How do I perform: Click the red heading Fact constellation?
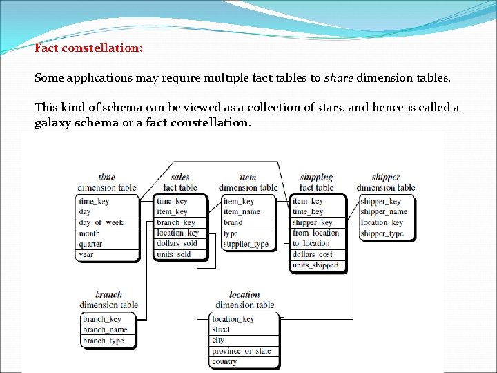click(x=89, y=49)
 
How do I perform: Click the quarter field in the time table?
click(x=90, y=244)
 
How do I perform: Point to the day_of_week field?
click(x=101, y=222)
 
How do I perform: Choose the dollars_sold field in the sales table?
click(x=177, y=243)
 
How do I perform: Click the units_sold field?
click(x=174, y=254)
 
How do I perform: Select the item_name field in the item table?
click(x=242, y=212)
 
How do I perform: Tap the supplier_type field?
click(x=246, y=244)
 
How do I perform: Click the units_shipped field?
click(x=315, y=265)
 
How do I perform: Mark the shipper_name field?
click(x=384, y=212)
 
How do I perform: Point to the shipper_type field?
click(x=382, y=233)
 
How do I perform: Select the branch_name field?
click(x=105, y=329)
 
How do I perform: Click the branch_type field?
click(x=104, y=341)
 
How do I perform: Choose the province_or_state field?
click(x=242, y=351)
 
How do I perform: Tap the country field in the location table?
click(x=224, y=361)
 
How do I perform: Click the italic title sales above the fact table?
click(x=180, y=177)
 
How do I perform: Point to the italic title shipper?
click(x=386, y=177)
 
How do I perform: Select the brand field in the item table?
click(x=233, y=222)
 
